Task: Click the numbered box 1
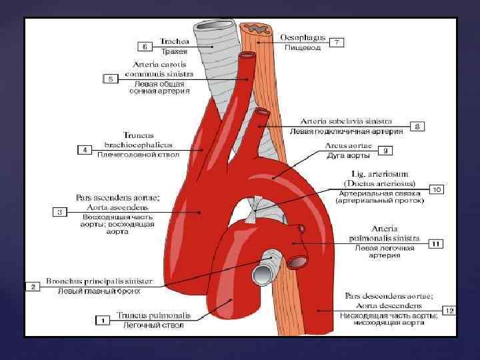pos(103,320)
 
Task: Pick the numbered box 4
pos(85,150)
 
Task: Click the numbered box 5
pos(111,78)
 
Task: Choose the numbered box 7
pos(338,43)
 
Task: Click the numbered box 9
pos(387,151)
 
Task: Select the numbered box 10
pos(437,189)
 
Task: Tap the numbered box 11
pos(434,243)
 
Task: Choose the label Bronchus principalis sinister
pos(99,281)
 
